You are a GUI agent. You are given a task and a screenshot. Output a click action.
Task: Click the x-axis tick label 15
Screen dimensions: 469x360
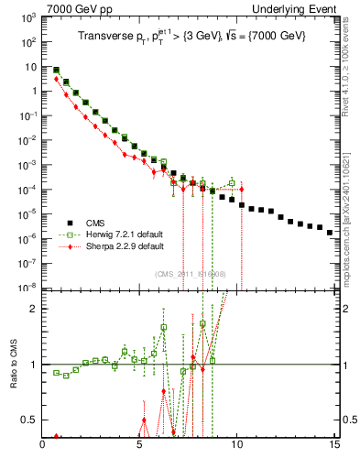coord(334,447)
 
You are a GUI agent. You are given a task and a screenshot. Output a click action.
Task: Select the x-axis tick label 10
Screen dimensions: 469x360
coord(237,447)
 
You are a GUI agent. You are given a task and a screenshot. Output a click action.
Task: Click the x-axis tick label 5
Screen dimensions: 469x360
coord(140,447)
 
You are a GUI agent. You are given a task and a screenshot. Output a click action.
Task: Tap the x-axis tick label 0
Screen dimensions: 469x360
coord(43,447)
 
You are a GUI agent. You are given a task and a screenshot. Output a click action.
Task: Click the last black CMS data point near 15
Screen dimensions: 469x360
coord(330,233)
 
